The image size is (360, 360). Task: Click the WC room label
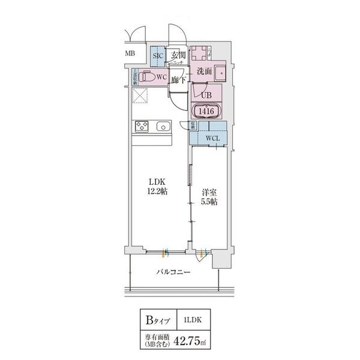(x=161, y=77)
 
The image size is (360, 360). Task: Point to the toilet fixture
(x=146, y=77)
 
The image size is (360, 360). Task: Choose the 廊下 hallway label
(x=177, y=79)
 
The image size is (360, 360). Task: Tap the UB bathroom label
(x=206, y=95)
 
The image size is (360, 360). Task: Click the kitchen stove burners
(x=142, y=127)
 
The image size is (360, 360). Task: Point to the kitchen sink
(x=163, y=127)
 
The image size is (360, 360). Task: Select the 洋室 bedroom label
(x=209, y=192)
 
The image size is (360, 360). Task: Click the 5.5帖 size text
(x=209, y=202)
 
